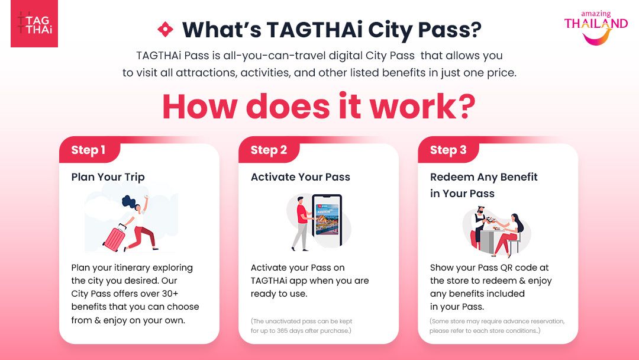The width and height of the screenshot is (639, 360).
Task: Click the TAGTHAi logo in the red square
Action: (34, 23)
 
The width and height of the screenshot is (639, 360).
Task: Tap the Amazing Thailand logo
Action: (595, 28)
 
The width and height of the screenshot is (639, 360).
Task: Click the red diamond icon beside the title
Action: (166, 30)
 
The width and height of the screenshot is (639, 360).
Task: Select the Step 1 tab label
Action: (88, 150)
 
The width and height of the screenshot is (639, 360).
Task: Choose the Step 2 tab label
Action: (269, 150)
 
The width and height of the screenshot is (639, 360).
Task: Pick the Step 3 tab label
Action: (448, 150)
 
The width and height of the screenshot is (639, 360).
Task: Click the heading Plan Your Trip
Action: (108, 177)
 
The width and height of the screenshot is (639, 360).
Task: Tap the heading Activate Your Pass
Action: (301, 177)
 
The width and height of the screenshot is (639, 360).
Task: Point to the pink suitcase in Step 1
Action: (115, 237)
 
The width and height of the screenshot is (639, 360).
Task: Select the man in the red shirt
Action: (302, 224)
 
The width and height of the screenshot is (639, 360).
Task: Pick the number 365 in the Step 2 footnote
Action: (282, 330)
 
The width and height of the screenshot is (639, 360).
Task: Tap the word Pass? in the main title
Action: (450, 30)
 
